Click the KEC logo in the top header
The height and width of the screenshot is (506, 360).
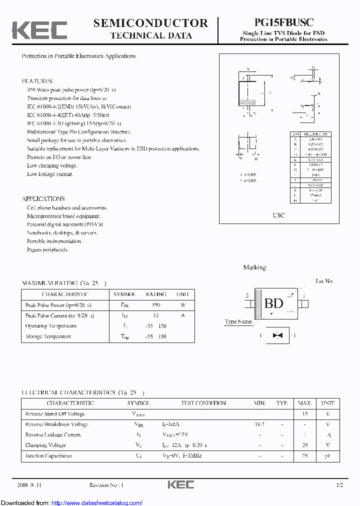point(39,30)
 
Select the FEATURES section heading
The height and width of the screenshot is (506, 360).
point(37,81)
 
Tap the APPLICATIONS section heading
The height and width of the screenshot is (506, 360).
point(43,199)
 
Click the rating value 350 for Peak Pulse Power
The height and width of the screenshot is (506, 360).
point(156,305)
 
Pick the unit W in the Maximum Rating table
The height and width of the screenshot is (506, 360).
point(183,305)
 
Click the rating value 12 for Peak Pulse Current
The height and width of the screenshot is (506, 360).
point(156,315)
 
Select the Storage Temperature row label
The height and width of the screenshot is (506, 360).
point(48,336)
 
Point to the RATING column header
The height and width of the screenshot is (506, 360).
point(156,294)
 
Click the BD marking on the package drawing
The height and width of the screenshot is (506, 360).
point(273,303)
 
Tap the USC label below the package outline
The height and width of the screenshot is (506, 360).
point(278,215)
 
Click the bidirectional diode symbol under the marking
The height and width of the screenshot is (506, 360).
point(274,335)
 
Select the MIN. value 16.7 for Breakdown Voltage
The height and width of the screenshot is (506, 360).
point(259,424)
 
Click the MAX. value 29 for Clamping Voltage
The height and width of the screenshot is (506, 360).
point(304,445)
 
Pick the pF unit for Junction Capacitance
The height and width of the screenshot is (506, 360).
point(328,455)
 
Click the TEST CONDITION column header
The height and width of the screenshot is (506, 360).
point(203,403)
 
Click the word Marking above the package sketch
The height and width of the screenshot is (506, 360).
point(254,267)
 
